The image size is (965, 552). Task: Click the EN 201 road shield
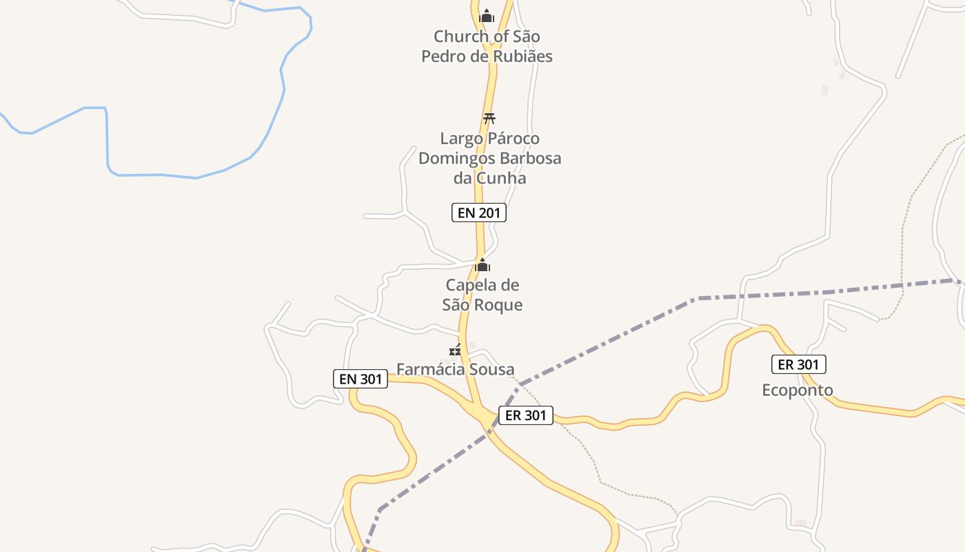point(479,213)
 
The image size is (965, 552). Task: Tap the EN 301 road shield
point(360,378)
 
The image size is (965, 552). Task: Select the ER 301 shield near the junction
point(525,415)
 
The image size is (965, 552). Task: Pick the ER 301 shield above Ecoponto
point(798,364)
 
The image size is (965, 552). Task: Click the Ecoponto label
point(797,390)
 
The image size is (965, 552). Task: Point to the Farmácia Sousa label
point(455,369)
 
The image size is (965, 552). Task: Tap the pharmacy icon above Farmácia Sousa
point(455,350)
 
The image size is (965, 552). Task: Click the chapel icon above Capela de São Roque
point(482,265)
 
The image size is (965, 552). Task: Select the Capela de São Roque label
point(482,295)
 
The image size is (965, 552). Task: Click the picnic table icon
point(489,118)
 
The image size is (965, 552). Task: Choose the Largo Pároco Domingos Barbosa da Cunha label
point(489,158)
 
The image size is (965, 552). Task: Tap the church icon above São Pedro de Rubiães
point(487,15)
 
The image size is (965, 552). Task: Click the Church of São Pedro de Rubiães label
point(487,46)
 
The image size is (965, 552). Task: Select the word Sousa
point(492,369)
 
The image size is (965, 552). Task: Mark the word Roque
point(500,304)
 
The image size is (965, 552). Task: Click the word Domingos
point(455,158)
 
